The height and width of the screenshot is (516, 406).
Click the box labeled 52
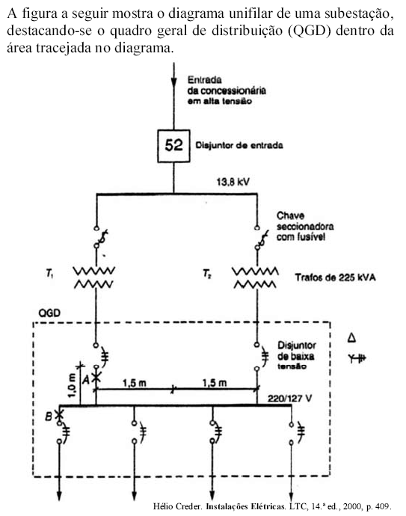173,146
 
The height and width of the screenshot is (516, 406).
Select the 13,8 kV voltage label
233,182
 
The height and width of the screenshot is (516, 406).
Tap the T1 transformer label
49,273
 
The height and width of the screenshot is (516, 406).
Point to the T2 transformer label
206,274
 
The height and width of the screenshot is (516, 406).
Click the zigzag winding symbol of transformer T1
93,277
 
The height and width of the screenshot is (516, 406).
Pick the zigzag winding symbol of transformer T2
255,277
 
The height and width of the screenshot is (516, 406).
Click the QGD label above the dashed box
49,313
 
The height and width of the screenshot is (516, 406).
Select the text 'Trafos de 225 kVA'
335,277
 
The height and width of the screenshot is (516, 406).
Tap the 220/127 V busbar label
289,399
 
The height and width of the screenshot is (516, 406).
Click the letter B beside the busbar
49,417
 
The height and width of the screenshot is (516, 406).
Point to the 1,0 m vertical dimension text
73,384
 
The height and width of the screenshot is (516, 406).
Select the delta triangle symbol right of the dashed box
351,337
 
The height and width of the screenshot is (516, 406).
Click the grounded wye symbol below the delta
357,358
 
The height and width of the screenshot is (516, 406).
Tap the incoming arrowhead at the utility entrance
173,83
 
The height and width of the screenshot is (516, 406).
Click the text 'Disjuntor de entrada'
239,145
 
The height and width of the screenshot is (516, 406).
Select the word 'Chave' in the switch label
291,216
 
